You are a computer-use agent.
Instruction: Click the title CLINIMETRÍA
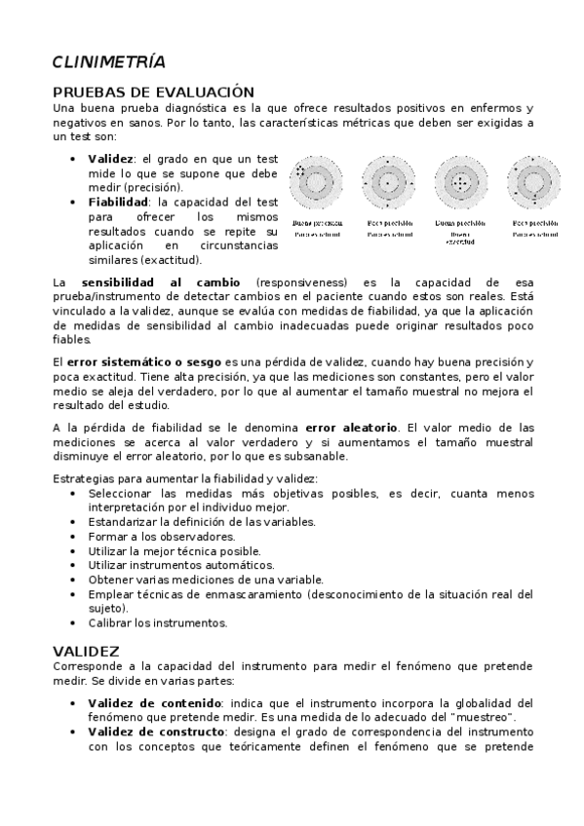click(108, 63)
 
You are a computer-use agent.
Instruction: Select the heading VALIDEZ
click(86, 650)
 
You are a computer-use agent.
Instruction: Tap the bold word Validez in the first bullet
click(109, 158)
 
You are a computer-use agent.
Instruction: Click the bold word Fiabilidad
click(115, 202)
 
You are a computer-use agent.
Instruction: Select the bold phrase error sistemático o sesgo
click(145, 362)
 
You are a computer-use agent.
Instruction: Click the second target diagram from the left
click(386, 181)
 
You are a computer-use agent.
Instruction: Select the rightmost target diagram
click(535, 181)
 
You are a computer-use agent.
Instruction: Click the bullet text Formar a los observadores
click(148, 537)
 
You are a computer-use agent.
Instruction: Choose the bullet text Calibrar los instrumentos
click(157, 622)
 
